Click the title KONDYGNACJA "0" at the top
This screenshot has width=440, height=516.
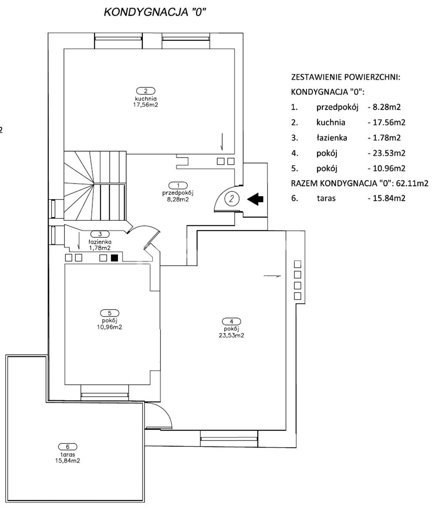pos(155,12)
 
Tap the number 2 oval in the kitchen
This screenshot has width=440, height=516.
pos(145,91)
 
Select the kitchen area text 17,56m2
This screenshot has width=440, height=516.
pos(145,104)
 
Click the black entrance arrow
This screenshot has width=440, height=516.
pos(255,199)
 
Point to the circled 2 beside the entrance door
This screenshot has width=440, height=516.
pos(232,199)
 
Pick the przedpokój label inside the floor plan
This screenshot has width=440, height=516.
pos(178,193)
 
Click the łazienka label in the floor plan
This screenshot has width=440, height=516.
pos(100,242)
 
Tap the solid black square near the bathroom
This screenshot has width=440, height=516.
pos(114,258)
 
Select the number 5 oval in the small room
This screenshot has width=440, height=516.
pos(110,313)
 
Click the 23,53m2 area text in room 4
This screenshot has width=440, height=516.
pos(231,335)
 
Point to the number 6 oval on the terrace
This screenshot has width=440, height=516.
pos(68,447)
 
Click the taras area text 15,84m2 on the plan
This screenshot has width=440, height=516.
pos(68,461)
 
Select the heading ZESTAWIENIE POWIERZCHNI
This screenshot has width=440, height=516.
pos(346,77)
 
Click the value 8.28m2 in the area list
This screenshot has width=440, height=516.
pos(387,107)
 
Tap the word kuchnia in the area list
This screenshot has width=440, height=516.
pos(331,122)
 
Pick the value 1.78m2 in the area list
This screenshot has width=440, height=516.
pos(387,138)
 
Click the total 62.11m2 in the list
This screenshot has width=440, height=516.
pos(412,183)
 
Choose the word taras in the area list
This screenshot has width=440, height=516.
pos(326,198)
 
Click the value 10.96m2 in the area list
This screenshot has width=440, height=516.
pos(389,168)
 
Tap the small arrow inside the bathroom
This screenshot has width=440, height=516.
pos(79,241)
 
